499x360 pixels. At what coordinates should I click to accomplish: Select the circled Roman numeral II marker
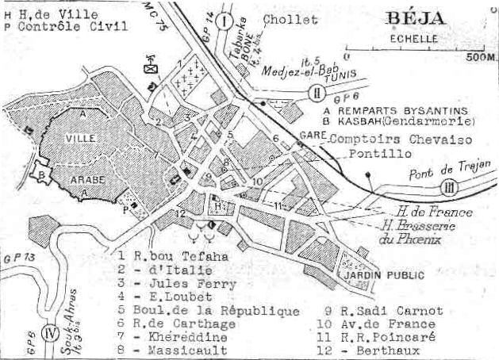pyautogui.click(x=316, y=93)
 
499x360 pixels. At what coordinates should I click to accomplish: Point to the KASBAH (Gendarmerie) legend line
pyautogui.click(x=409, y=122)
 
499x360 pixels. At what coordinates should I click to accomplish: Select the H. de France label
pyautogui.click(x=434, y=212)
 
